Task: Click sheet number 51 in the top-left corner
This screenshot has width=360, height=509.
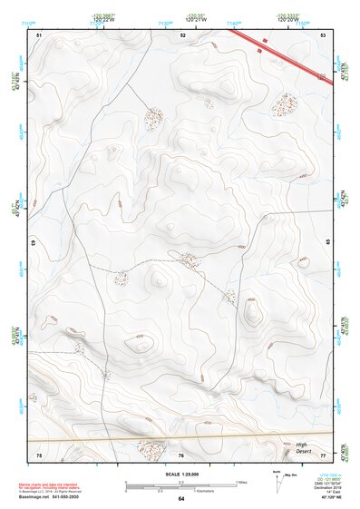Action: pyautogui.click(x=40, y=34)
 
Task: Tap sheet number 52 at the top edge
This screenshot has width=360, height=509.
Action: pyautogui.click(x=183, y=34)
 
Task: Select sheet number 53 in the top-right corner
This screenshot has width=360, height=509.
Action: pyautogui.click(x=324, y=34)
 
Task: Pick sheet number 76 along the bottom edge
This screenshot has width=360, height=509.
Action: pyautogui.click(x=181, y=454)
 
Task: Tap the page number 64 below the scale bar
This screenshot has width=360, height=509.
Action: pyautogui.click(x=181, y=498)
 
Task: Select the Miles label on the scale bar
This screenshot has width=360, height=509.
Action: pyautogui.click(x=240, y=481)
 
